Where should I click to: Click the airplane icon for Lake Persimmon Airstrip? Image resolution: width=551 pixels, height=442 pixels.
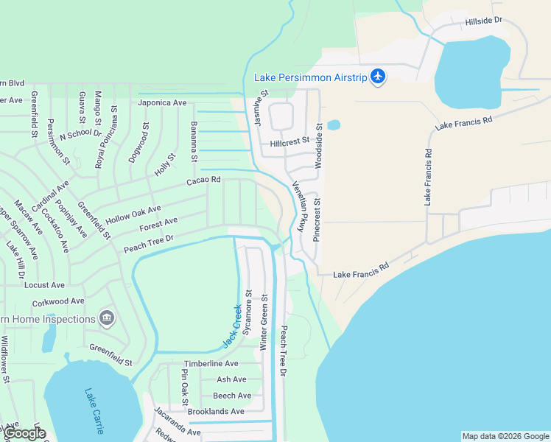pyautogui.click(x=378, y=77)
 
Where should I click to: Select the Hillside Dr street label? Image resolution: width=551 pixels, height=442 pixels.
pyautogui.click(x=483, y=22)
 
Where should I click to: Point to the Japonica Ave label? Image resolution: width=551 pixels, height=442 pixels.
pyautogui.click(x=162, y=103)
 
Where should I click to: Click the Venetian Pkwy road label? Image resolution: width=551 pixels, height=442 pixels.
pyautogui.click(x=299, y=207)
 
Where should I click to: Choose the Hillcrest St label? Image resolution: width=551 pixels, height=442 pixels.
pyautogui.click(x=289, y=143)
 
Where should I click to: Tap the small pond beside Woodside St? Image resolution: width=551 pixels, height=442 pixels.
pyautogui.click(x=333, y=124)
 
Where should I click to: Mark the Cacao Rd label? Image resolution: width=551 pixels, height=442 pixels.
pyautogui.click(x=203, y=180)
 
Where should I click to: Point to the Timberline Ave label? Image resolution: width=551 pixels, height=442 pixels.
pyautogui.click(x=211, y=364)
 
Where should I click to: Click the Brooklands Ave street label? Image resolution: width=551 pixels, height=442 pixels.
pyautogui.click(x=216, y=412)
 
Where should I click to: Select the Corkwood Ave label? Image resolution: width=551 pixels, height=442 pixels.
pyautogui.click(x=58, y=302)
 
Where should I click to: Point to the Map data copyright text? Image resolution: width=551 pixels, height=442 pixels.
pyautogui.click(x=505, y=436)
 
